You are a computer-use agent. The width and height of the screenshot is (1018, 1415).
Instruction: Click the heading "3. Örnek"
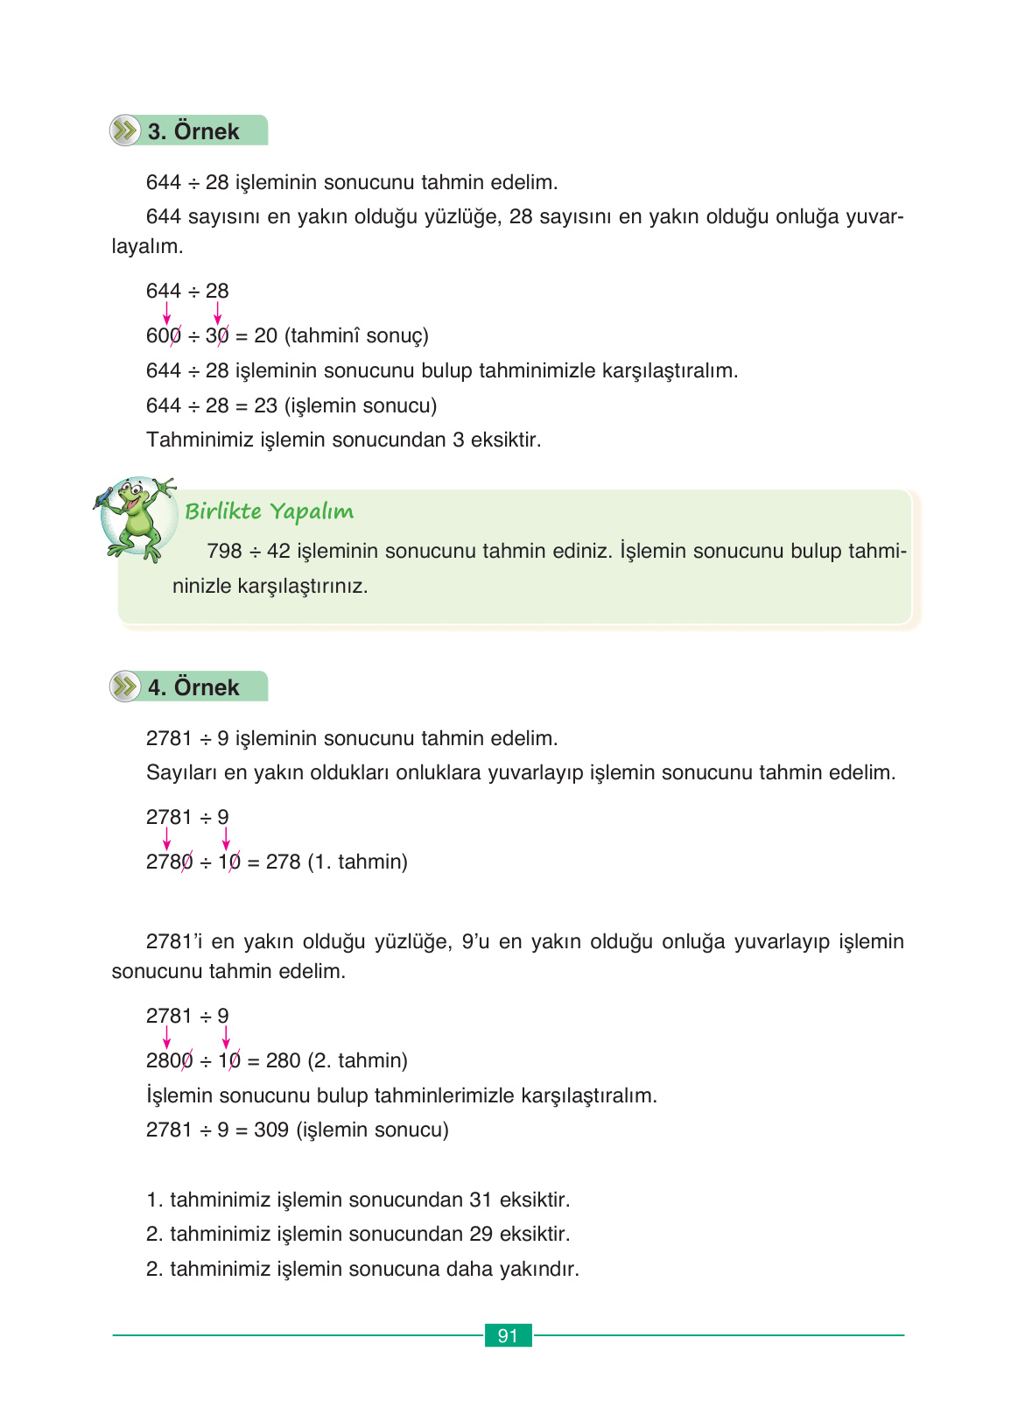coord(193,131)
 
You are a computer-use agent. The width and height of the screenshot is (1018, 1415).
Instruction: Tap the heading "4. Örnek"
coord(193,687)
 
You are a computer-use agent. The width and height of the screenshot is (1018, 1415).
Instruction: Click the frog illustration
coord(137,517)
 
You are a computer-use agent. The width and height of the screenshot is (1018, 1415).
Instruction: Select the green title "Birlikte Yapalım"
coord(269,511)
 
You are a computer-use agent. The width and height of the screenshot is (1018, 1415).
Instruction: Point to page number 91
coord(508,1335)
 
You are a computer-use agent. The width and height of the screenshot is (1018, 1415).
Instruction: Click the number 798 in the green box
coord(224,551)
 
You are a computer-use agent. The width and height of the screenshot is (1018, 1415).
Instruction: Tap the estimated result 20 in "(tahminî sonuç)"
coord(265,336)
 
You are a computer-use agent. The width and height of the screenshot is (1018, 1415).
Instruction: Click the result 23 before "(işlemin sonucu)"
coord(265,406)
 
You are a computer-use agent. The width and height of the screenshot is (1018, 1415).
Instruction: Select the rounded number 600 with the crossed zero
coord(164,336)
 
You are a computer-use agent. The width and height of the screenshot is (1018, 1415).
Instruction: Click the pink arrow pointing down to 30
coord(217,313)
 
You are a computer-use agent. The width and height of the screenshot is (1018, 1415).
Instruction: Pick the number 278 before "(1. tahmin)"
coord(283,862)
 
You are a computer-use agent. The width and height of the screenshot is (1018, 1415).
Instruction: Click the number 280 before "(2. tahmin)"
coord(283,1061)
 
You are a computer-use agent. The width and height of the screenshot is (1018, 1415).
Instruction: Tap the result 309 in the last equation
coord(271,1130)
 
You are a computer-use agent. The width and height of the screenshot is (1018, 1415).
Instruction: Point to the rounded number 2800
coord(169,1061)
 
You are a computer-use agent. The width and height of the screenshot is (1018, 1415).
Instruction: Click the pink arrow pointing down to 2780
coord(166,840)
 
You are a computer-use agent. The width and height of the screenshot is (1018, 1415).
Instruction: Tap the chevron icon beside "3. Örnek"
coord(125,131)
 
